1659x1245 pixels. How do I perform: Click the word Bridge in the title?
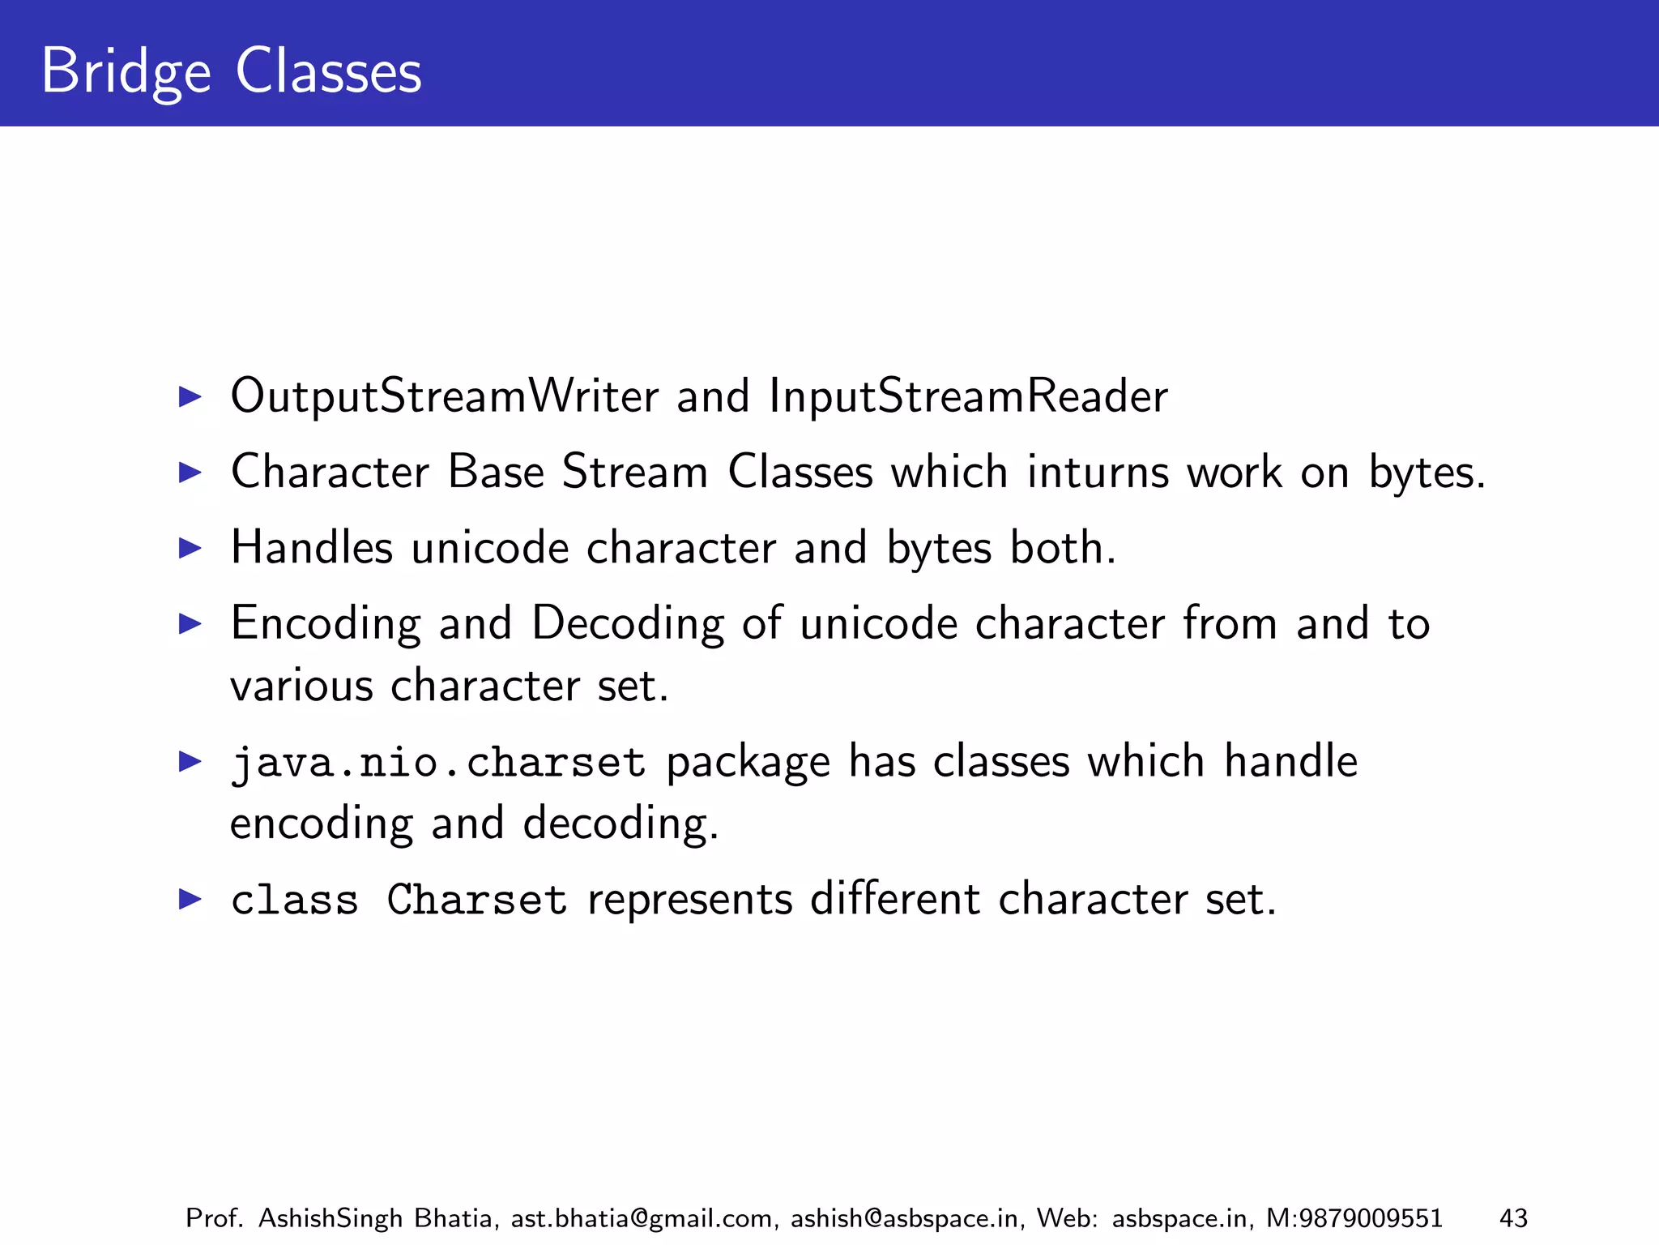click(x=126, y=72)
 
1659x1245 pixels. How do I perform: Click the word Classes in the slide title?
click(x=328, y=72)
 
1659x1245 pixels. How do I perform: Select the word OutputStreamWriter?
click(x=445, y=396)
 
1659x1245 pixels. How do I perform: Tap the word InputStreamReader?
click(x=968, y=396)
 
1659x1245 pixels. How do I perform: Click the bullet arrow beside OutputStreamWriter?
click(x=190, y=396)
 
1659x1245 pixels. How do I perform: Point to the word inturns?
click(x=1098, y=472)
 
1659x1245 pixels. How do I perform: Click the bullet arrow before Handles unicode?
click(x=190, y=548)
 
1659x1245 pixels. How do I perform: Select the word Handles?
click(x=312, y=548)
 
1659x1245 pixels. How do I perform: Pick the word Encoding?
click(x=326, y=624)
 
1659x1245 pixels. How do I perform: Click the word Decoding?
click(x=628, y=624)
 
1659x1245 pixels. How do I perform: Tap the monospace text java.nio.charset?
click(x=438, y=763)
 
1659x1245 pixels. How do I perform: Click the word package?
click(x=748, y=763)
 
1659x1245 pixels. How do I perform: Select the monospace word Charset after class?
click(x=476, y=900)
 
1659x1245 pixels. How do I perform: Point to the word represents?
click(x=690, y=900)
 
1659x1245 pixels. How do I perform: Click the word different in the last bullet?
click(x=895, y=900)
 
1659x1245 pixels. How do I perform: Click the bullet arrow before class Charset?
click(x=190, y=899)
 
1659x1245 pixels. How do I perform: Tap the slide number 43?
click(x=1513, y=1218)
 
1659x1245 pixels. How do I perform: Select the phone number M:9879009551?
click(x=1354, y=1218)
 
